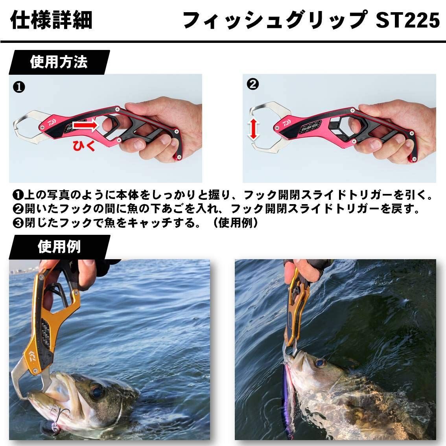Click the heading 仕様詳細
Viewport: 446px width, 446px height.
click(x=51, y=20)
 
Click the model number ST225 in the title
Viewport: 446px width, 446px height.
click(x=407, y=20)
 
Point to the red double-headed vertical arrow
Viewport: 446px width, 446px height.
click(x=254, y=130)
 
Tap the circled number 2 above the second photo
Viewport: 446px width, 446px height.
click(x=252, y=84)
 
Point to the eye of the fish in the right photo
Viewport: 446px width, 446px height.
click(x=321, y=362)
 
